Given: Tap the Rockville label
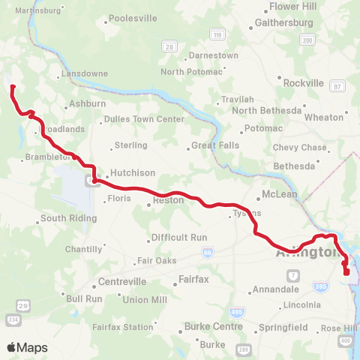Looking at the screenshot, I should click(304, 82).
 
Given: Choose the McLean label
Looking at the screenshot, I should click(280, 194).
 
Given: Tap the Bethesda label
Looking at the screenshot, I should click(295, 165).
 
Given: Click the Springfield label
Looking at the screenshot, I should click(283, 328).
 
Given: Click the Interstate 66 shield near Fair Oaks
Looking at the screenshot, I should click(206, 253).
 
